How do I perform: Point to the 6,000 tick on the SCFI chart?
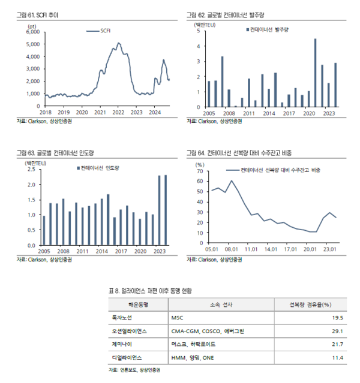coord(32,31)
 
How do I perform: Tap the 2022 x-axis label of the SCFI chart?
coord(118,112)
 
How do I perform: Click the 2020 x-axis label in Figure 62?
coord(309,112)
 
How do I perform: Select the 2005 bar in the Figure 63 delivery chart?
coord(43,230)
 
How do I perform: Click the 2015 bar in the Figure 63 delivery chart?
coord(108,219)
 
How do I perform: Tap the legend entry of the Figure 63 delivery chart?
coord(99,168)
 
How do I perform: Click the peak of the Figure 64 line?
coord(232,180)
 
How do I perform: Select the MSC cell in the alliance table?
coord(177,318)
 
